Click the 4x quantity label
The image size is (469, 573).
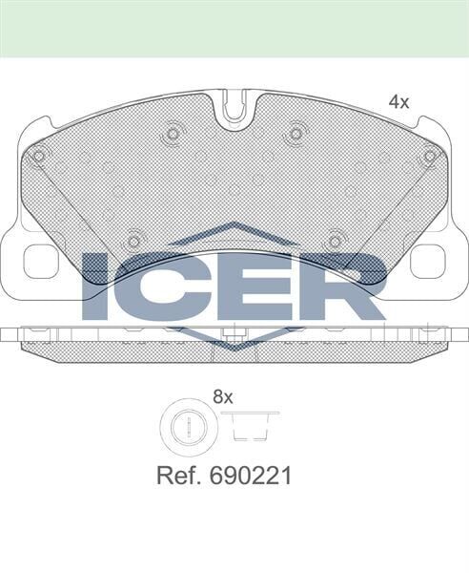pyautogui.click(x=398, y=101)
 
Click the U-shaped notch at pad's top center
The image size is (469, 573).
pyautogui.click(x=234, y=109)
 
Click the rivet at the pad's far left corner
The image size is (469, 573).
pyautogui.click(x=39, y=156)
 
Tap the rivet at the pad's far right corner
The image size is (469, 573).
pyautogui.click(x=429, y=156)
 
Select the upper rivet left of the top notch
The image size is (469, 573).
pyautogui.click(x=173, y=134)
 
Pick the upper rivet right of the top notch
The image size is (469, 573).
pyautogui.click(x=296, y=134)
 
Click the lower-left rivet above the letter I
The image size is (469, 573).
pyautogui.click(x=133, y=241)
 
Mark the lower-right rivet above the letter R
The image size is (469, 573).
pyautogui.click(x=336, y=241)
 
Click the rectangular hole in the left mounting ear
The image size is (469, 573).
pyautogui.click(x=41, y=261)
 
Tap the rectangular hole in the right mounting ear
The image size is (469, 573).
pyautogui.click(x=428, y=261)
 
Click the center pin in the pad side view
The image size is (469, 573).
pyautogui.click(x=229, y=335)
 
